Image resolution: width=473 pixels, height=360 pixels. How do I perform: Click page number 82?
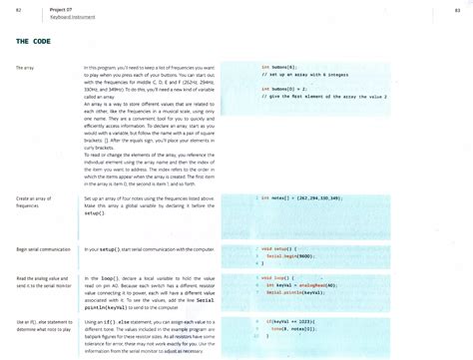click(19, 9)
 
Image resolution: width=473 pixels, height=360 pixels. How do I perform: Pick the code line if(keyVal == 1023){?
click(294, 320)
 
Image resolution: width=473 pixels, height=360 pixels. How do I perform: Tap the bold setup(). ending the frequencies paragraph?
click(96, 213)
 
